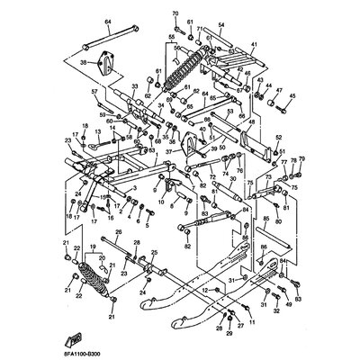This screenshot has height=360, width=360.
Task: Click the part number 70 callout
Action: pyautogui.click(x=175, y=13)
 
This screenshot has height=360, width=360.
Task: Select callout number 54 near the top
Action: pyautogui.click(x=221, y=27)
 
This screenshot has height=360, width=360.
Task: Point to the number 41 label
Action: pyautogui.click(x=255, y=45)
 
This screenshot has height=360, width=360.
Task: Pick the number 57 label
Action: pyautogui.click(x=94, y=91)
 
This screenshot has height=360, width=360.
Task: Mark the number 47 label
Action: pyautogui.click(x=279, y=91)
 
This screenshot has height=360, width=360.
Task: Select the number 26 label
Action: pyautogui.click(x=115, y=232)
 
